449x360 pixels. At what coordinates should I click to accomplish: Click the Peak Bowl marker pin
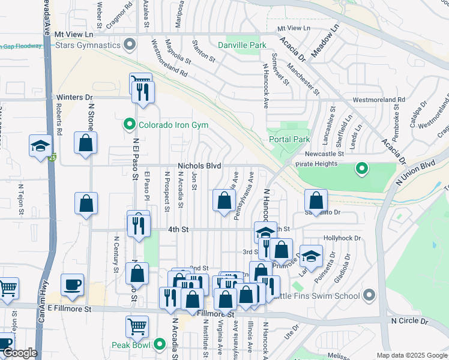coord(159,344)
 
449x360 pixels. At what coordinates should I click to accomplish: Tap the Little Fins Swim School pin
coord(369,295)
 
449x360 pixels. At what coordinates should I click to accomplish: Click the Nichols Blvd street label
coord(199,166)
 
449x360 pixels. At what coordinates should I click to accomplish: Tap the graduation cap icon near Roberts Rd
coord(41,146)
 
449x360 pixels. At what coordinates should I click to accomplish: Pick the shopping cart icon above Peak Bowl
coord(137,327)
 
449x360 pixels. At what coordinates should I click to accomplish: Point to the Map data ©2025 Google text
coord(412,355)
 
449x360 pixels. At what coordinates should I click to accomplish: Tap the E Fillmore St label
coord(70,309)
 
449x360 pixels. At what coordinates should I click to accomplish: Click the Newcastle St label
coord(324,154)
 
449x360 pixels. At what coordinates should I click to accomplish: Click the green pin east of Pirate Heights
coord(361,169)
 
